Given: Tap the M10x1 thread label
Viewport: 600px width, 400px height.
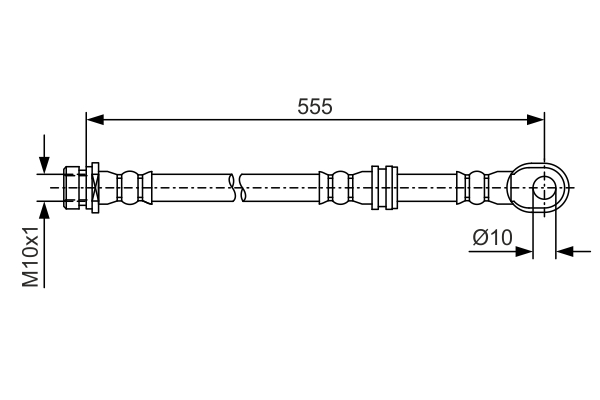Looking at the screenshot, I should (x=32, y=256).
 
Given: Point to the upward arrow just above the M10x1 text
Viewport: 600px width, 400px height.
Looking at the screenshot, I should (x=44, y=212).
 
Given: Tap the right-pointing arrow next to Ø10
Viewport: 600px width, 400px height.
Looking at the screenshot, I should (x=523, y=251).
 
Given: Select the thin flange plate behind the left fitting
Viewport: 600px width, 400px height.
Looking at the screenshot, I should (x=93, y=187).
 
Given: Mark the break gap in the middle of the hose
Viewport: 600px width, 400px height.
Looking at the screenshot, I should (x=236, y=187).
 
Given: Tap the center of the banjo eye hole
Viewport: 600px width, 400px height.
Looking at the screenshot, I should (x=544, y=187).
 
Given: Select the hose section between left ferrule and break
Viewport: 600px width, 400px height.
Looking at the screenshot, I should (x=190, y=187).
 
